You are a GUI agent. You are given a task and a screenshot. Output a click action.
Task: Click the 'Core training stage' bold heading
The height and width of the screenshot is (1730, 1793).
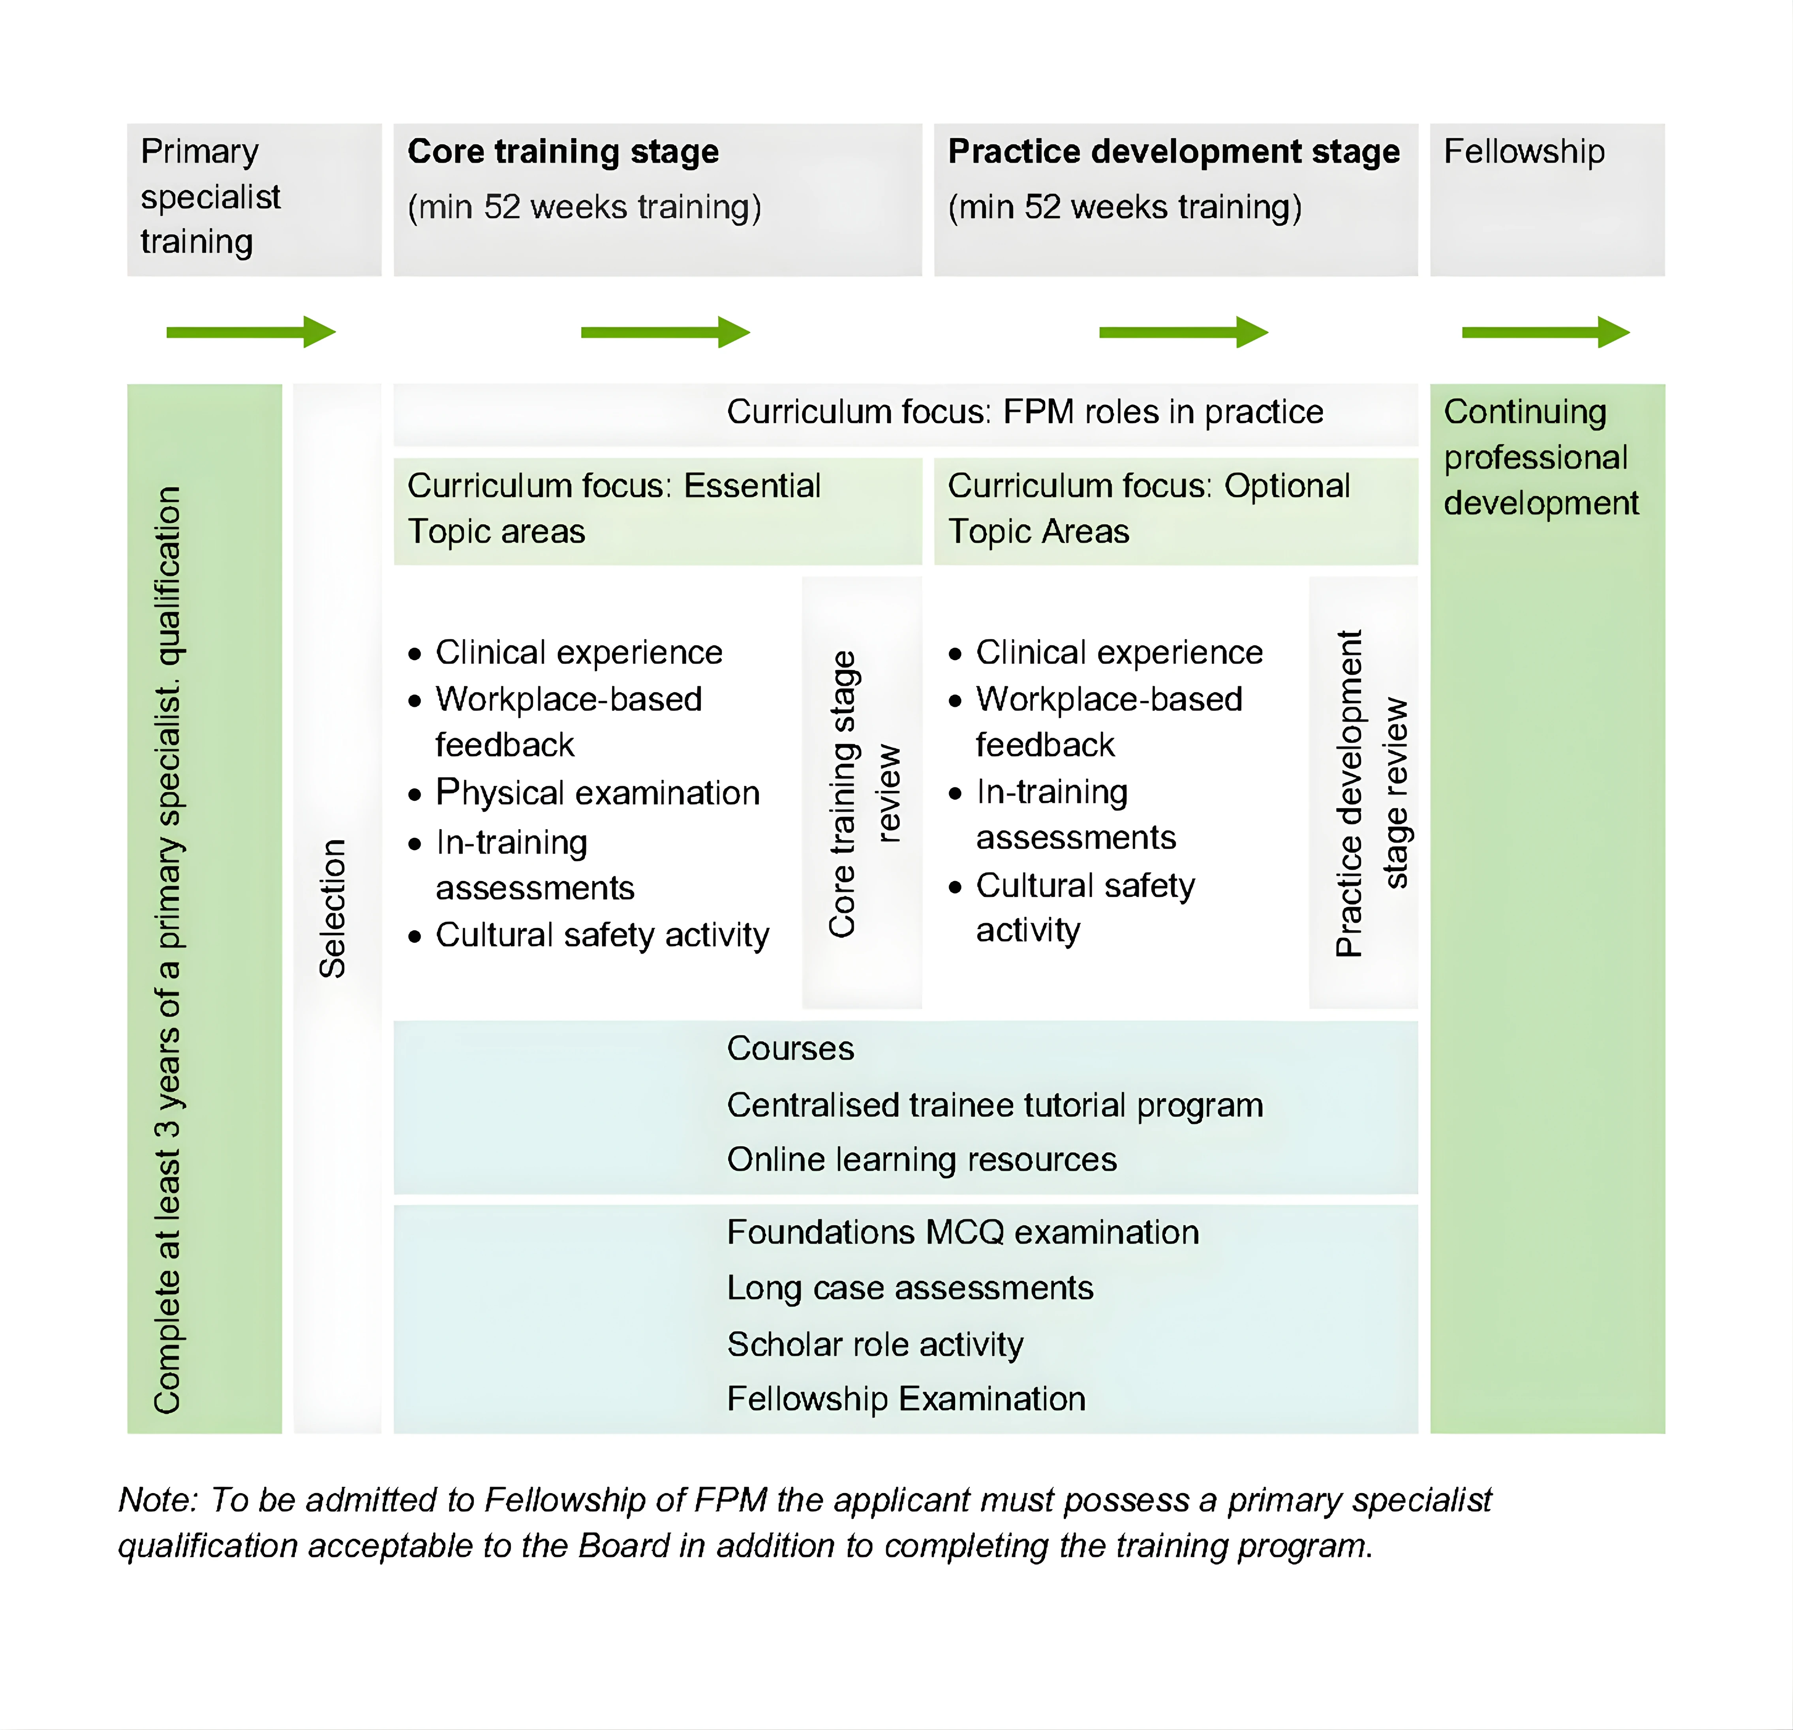(563, 152)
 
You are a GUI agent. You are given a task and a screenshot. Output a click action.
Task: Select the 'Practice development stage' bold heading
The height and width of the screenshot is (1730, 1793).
(1173, 152)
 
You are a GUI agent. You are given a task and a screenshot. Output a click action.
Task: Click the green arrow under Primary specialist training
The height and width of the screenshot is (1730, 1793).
(251, 332)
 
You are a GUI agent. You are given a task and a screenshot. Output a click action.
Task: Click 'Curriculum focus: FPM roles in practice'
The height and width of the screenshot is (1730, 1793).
(1025, 413)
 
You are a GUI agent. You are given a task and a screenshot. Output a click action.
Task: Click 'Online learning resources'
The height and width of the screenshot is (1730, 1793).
(921, 1160)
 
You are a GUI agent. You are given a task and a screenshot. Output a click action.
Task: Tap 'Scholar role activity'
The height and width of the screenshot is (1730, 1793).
(875, 1345)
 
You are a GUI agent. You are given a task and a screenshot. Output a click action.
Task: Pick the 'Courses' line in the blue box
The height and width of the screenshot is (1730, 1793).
(790, 1048)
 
